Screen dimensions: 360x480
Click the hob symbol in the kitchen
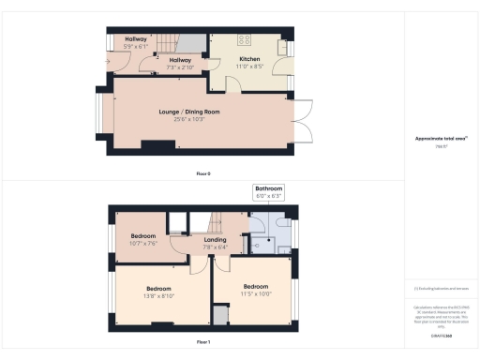(246, 41)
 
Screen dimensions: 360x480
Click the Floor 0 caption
(202, 174)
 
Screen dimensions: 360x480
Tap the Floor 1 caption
(202, 343)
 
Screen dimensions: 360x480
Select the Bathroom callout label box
(268, 192)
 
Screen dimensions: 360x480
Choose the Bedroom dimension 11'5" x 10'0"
(256, 292)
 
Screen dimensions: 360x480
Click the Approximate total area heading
(441, 139)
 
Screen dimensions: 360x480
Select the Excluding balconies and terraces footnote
(441, 288)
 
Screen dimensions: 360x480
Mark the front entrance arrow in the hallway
(110, 63)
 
